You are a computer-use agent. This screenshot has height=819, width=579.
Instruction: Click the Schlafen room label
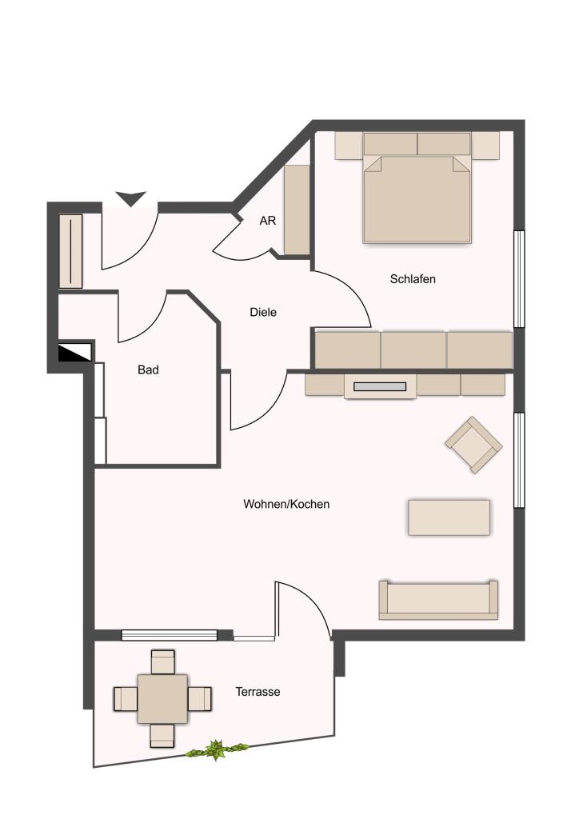click(x=413, y=279)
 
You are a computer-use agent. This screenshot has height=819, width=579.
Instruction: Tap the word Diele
click(x=263, y=313)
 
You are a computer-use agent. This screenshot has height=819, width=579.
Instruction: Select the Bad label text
click(x=148, y=370)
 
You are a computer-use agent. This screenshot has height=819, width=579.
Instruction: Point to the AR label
click(x=267, y=221)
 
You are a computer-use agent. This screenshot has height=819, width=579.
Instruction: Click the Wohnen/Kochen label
click(x=286, y=504)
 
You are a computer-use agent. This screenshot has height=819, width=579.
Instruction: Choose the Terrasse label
click(x=258, y=692)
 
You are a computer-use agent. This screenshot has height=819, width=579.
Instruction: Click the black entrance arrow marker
click(x=130, y=199)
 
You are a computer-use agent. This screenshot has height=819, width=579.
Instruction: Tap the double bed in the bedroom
click(x=417, y=188)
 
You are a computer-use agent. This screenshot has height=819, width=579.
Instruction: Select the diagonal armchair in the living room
click(x=473, y=445)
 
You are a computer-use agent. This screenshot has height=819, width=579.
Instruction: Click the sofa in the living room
click(x=438, y=600)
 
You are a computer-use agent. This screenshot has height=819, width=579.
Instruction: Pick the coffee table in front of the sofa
click(x=449, y=517)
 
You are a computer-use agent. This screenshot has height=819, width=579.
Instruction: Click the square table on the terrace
click(x=162, y=699)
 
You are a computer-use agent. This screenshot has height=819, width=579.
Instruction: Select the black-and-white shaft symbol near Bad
click(x=75, y=352)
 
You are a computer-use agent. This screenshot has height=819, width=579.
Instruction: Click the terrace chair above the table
click(x=162, y=661)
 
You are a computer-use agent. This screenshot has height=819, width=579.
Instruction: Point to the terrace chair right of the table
click(x=199, y=699)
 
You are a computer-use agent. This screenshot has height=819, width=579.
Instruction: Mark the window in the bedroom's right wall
click(x=519, y=279)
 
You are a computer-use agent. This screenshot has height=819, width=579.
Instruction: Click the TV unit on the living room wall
click(x=380, y=386)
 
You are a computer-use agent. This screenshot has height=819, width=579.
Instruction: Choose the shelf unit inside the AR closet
click(x=297, y=210)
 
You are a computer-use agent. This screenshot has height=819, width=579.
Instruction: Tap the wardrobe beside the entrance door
click(x=70, y=250)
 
